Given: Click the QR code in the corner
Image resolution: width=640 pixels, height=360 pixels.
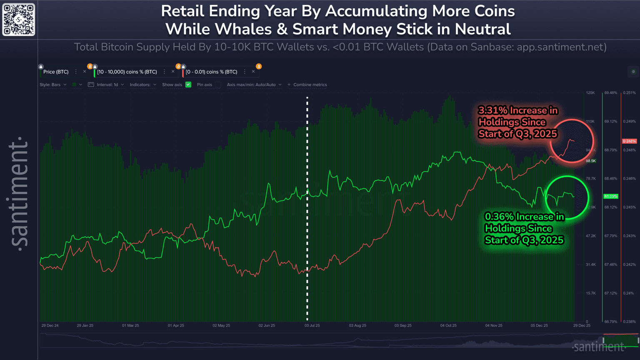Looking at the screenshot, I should tap(19, 20).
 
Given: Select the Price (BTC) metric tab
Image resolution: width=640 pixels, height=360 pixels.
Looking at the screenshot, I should tap(56, 72).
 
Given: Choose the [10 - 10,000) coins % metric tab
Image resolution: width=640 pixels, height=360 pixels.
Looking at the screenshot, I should tap(127, 72).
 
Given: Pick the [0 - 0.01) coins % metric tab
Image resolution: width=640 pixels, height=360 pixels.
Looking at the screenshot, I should tap(211, 72).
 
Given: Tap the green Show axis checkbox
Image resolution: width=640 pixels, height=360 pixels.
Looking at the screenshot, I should tap(188, 85).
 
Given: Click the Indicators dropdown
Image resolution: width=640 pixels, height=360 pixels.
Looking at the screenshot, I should tap(142, 85).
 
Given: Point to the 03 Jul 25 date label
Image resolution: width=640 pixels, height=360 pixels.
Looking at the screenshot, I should tap(312, 325).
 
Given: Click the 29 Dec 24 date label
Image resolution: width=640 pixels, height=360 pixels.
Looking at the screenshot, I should tap(50, 325).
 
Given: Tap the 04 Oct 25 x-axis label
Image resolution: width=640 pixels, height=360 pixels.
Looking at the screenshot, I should tap(448, 325).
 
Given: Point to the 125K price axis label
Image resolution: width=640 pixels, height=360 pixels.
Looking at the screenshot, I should tap(590, 93).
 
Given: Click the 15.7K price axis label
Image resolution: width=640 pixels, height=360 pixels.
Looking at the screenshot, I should tap(590, 293).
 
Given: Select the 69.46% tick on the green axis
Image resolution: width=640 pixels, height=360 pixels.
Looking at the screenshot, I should tap(610, 93).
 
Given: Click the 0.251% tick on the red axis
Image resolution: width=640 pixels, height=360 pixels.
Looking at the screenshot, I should tap(630, 93).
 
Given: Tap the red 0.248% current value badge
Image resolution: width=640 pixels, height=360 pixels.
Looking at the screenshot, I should tap(629, 141).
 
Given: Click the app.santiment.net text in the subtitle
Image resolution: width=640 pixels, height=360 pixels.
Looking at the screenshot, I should tap(561, 47).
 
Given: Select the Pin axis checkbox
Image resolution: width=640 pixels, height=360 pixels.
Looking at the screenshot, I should tap(218, 85).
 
